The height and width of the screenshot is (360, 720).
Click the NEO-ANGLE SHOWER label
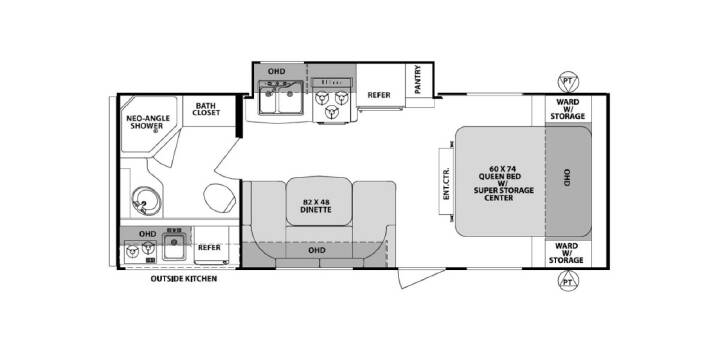pos(148,122)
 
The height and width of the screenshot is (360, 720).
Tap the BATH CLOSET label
pos(206,108)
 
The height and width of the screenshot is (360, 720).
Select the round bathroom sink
pos(146,201)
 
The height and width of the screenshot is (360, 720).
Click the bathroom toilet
pos(219,197)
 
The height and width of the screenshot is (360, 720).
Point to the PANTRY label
pos(417,80)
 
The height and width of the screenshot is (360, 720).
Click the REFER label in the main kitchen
pos(379,95)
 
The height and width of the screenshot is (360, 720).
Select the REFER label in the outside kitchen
pos(209,248)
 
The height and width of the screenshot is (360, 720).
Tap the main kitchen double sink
pos(281,97)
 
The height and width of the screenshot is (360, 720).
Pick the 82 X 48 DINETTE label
pos(317,205)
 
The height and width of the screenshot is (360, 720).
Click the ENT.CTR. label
pos(446,182)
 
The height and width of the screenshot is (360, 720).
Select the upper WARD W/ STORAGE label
pos(567,109)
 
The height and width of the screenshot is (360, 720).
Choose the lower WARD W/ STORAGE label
pos(567,253)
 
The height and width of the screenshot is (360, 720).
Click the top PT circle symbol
pos(568,83)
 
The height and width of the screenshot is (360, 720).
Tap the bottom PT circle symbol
pos(568,280)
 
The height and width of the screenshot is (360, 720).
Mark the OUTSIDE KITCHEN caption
pos(184,278)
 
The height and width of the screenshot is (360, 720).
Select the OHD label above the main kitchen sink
pos(276,71)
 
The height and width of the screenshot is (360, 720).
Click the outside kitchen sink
pos(174,247)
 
